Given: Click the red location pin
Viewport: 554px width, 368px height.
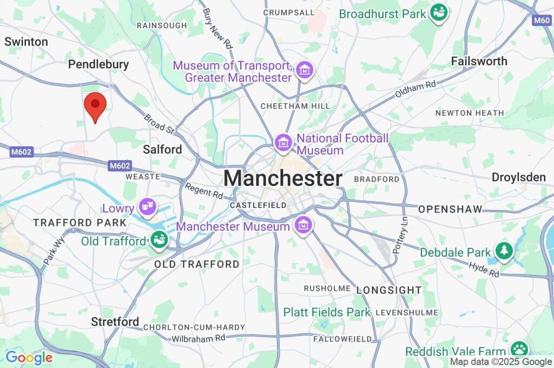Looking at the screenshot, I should (x=95, y=106).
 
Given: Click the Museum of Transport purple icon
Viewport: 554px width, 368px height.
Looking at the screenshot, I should (x=305, y=70).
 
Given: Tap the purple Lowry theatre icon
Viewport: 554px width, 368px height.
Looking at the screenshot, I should (x=146, y=206).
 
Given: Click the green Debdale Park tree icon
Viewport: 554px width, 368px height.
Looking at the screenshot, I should (x=504, y=251).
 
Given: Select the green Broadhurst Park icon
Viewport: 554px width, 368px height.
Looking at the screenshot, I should (x=438, y=13).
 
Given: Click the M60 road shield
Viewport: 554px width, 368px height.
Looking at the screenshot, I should (x=542, y=21).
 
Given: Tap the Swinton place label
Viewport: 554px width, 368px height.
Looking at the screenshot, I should (x=26, y=42).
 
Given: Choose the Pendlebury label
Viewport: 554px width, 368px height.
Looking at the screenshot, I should (x=98, y=64).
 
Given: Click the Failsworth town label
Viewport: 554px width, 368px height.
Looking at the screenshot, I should (x=479, y=61).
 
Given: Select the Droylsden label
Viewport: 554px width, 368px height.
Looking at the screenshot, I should (x=518, y=177).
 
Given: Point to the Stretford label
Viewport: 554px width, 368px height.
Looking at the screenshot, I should (x=115, y=322).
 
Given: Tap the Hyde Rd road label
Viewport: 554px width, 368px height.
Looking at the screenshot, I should (x=484, y=270).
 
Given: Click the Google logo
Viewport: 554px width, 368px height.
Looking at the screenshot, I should (x=29, y=357).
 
